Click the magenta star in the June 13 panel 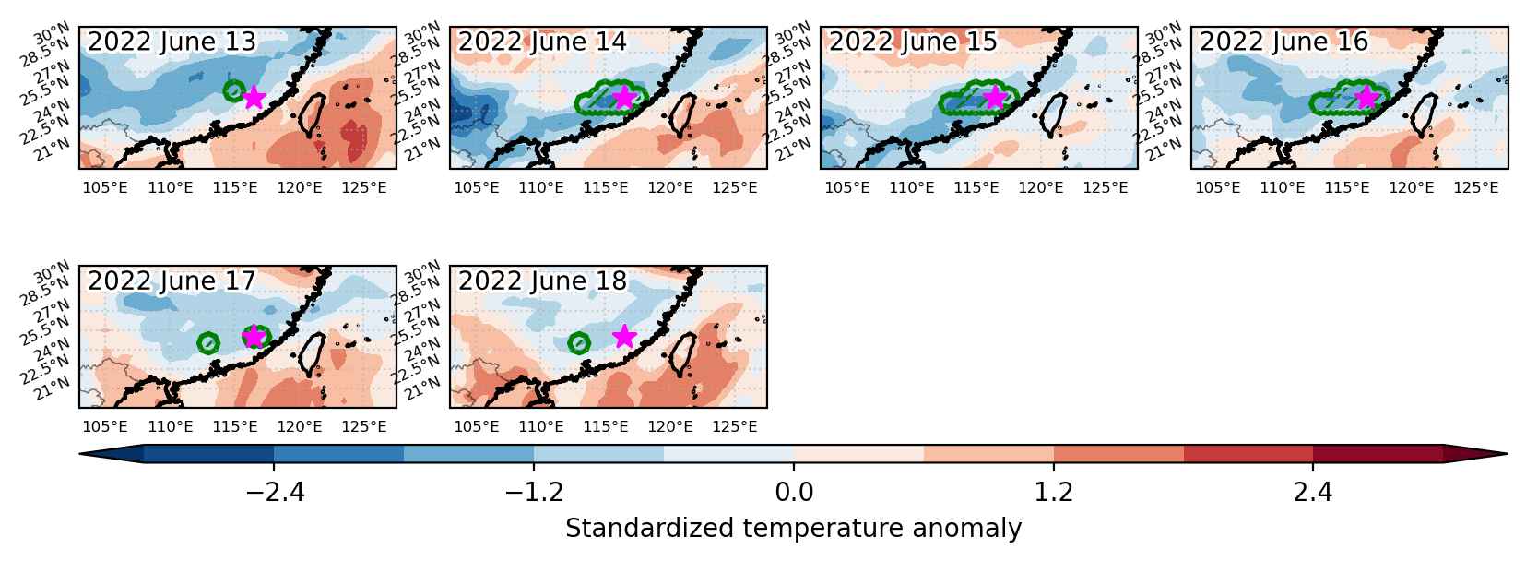pos(254,98)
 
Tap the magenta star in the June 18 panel pos(624,336)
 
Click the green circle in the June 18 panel pos(578,343)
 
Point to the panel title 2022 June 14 pos(541,42)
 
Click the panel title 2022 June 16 pos(1283,42)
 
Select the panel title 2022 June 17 pos(171,280)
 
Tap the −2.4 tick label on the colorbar pos(274,492)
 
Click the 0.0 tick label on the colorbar pos(794,492)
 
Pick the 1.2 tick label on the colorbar pos(1053,492)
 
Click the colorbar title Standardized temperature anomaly pos(794,529)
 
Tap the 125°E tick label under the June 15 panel pos(1105,187)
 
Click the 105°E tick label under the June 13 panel pos(105,187)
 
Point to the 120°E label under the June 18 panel pos(670,426)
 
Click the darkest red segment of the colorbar pos(1378,454)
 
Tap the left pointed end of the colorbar pos(80,454)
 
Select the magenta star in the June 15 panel pos(995,98)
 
